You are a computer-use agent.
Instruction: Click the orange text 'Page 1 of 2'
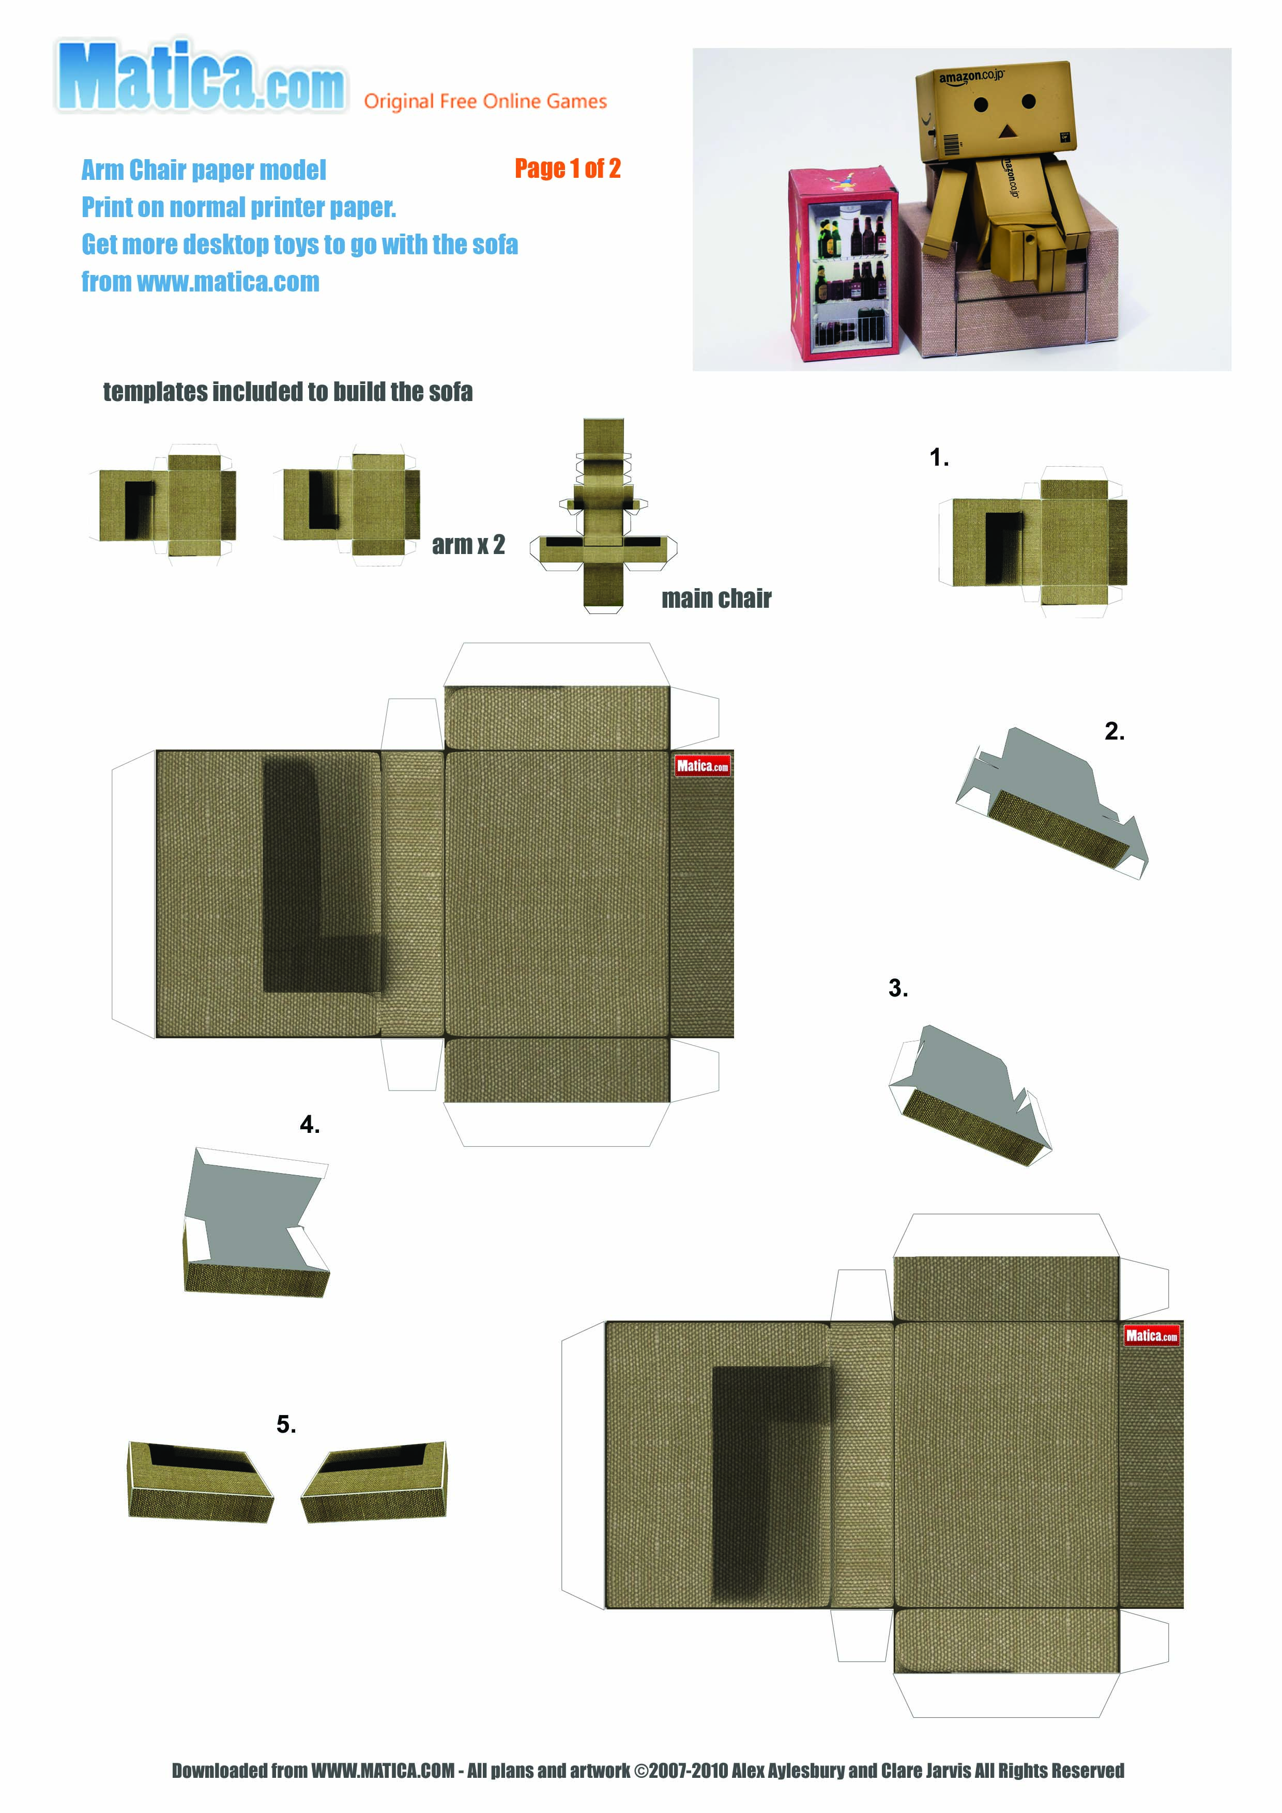[567, 168]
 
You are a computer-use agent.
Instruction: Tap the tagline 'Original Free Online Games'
[485, 101]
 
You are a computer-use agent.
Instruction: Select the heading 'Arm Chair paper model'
[204, 170]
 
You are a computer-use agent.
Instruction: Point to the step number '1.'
[938, 457]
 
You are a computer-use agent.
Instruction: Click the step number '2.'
[1114, 731]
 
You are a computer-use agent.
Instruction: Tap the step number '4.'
[310, 1125]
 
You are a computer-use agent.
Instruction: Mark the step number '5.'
[286, 1424]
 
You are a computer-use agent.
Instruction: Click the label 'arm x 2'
[468, 545]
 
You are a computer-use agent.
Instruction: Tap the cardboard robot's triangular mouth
[1006, 130]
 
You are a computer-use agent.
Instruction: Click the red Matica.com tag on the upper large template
[702, 765]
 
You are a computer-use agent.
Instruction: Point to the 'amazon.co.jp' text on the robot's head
[971, 76]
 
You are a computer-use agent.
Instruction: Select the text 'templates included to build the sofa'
[287, 392]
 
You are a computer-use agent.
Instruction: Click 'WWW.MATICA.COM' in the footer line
[383, 1771]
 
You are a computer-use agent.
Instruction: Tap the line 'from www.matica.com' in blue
[201, 282]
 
